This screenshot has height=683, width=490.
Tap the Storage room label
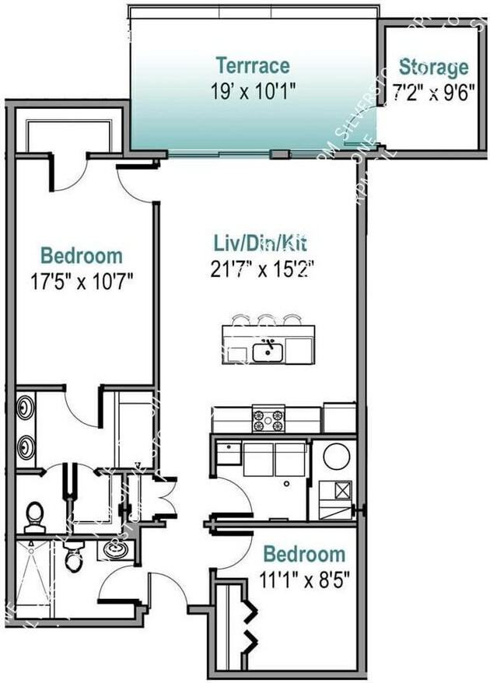coord(433,66)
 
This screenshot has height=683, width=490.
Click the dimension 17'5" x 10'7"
coord(81,280)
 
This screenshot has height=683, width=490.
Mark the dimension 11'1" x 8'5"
coord(303,580)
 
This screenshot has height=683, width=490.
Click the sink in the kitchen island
coord(267,352)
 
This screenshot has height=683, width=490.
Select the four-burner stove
coord(268,419)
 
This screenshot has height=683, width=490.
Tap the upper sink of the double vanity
coord(26,407)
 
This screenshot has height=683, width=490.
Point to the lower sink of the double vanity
coord(26,447)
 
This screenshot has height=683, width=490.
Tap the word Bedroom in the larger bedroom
coord(81,256)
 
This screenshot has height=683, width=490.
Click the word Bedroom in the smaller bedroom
coord(303,555)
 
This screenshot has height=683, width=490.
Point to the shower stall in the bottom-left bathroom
coord(31,580)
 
